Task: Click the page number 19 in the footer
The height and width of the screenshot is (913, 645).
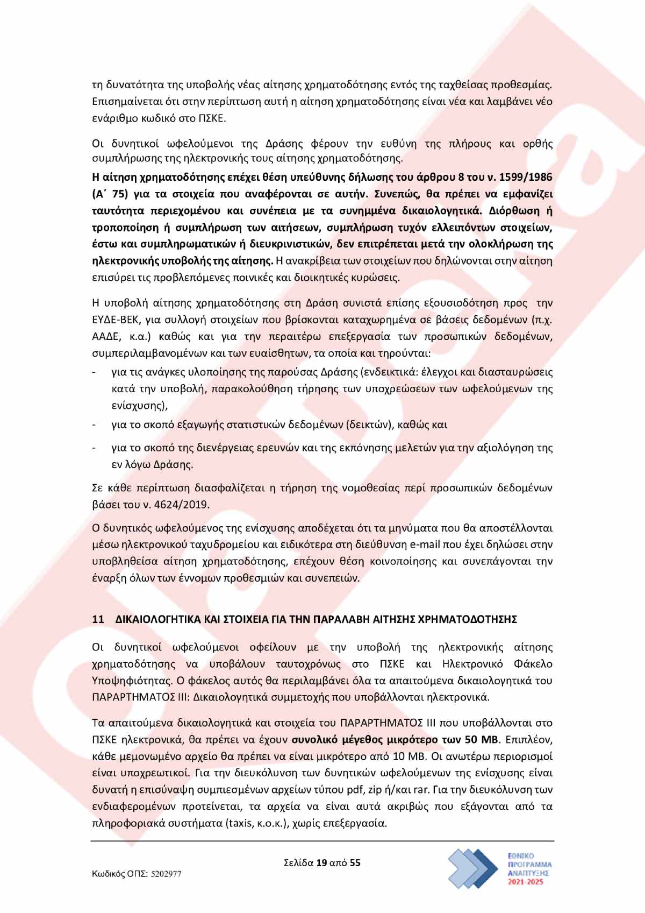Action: [x=322, y=863]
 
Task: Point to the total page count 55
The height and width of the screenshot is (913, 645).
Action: [x=355, y=863]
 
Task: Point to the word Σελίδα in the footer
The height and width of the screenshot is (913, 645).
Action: [x=298, y=863]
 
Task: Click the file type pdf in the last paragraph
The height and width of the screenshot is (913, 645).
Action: [x=358, y=790]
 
